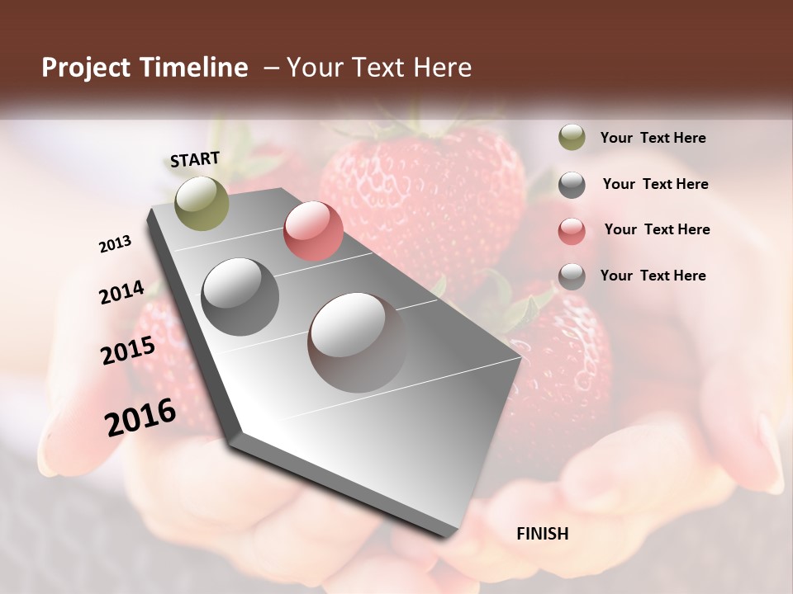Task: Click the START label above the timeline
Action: click(195, 159)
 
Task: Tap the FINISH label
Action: click(542, 534)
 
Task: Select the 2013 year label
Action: click(115, 244)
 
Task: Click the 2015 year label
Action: click(128, 351)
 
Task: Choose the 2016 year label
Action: click(140, 417)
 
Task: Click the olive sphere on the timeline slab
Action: click(202, 203)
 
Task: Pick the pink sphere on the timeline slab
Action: click(313, 231)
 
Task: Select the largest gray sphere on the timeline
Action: click(357, 342)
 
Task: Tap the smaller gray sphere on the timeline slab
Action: click(240, 297)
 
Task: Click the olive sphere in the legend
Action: click(572, 138)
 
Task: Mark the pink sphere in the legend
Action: click(572, 230)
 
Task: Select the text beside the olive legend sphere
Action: click(653, 139)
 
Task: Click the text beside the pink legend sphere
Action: click(657, 229)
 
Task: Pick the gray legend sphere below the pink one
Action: click(572, 276)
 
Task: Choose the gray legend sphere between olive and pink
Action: click(572, 185)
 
